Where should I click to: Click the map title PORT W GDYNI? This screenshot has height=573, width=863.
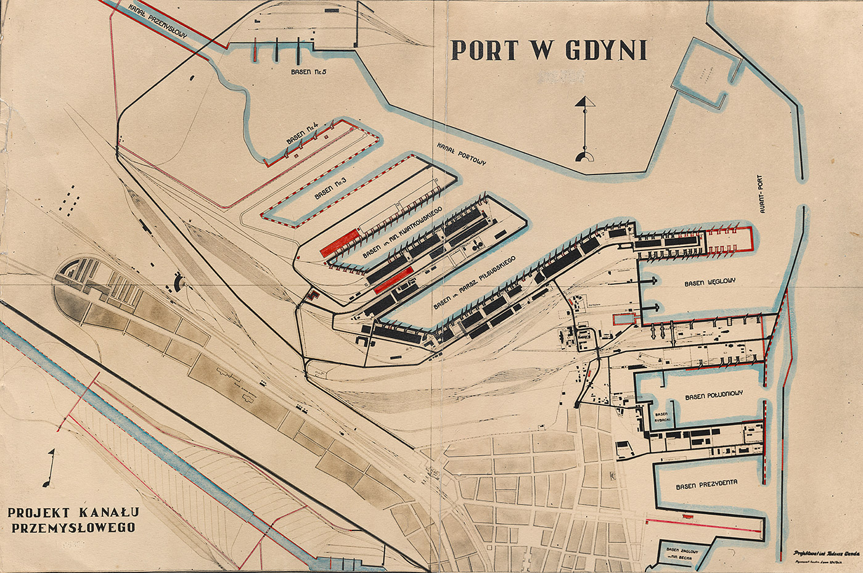[549, 51]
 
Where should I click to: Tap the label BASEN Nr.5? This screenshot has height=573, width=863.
[309, 72]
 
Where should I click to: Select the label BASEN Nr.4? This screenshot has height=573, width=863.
[302, 134]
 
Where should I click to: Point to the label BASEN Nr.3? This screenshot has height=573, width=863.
[330, 188]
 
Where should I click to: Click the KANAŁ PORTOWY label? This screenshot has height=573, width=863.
[462, 154]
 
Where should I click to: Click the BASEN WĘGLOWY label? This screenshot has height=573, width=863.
[710, 282]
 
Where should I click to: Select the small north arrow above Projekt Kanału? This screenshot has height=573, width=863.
[49, 468]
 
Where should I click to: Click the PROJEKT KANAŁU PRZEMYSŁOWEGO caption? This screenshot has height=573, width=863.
[73, 519]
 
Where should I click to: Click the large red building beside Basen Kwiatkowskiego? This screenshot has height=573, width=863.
[338, 242]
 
